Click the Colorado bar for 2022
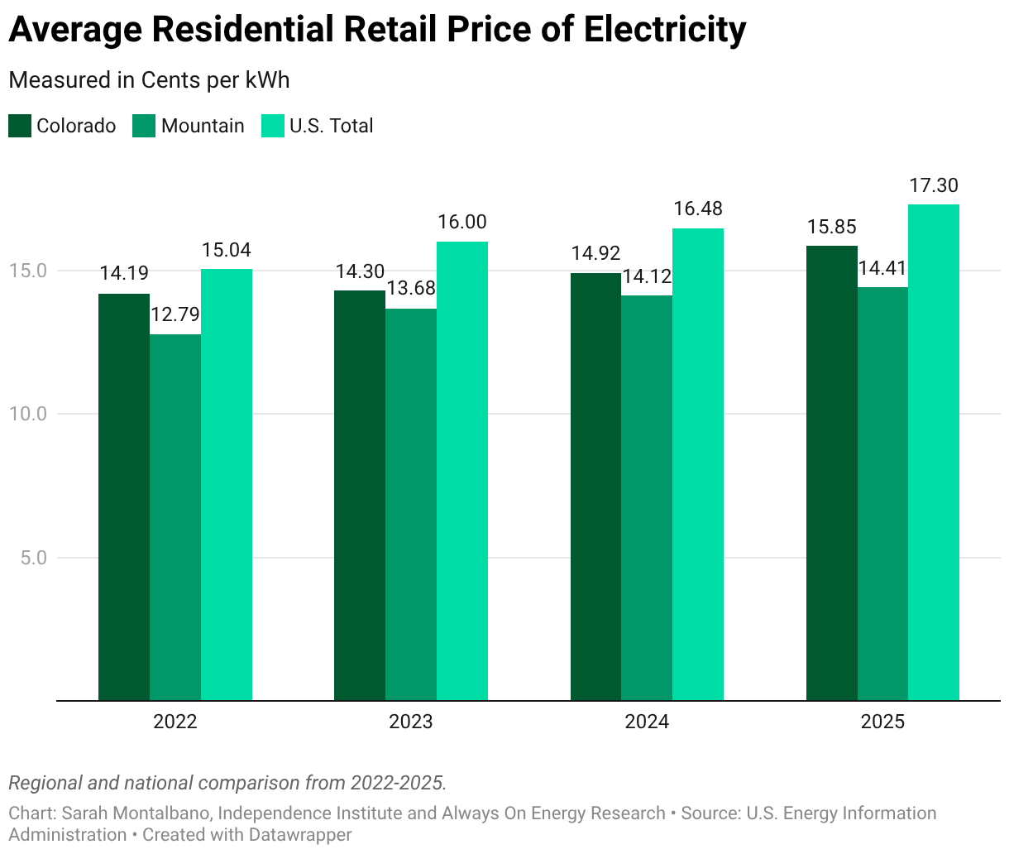[124, 497]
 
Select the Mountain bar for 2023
[411, 505]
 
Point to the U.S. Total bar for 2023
[462, 472]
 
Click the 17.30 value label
[934, 185]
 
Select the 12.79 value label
[175, 314]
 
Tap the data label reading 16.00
[462, 222]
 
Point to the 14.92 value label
[595, 253]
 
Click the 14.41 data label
[882, 268]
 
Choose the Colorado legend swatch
[20, 126]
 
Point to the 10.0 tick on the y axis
[28, 414]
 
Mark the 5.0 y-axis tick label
[33, 558]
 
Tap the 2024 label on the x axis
[647, 722]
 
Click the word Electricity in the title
[664, 30]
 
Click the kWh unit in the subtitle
[267, 80]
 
